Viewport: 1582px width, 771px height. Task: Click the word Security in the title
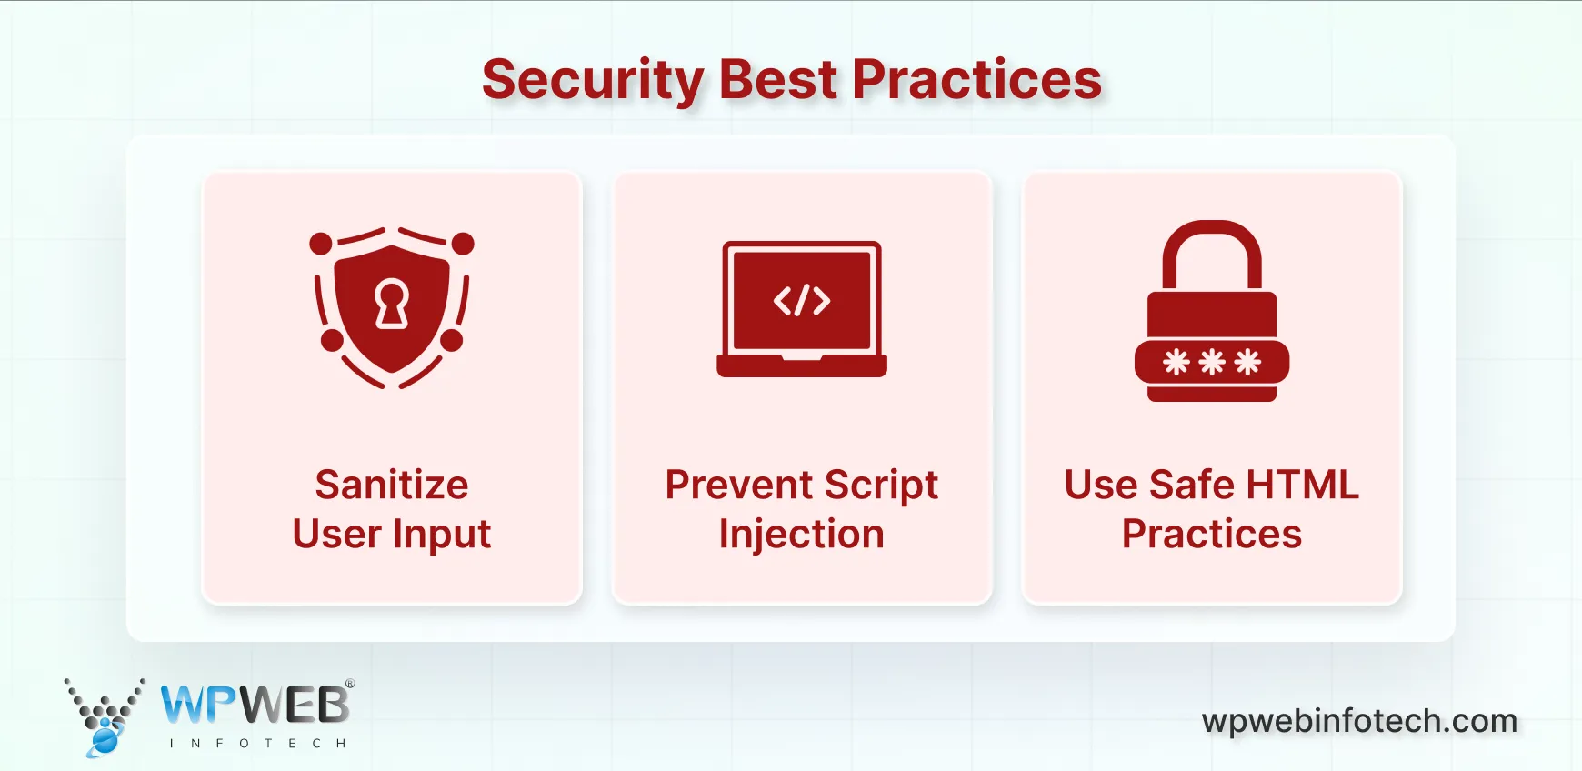point(593,80)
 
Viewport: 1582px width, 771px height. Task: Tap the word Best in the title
point(777,80)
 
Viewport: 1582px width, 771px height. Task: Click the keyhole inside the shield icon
point(392,304)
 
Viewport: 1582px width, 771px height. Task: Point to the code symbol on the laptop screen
point(802,301)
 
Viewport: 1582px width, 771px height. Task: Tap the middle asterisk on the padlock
point(1212,363)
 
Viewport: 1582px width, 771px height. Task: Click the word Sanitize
point(392,485)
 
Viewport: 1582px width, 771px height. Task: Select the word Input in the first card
point(442,535)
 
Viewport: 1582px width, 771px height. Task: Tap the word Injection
point(801,535)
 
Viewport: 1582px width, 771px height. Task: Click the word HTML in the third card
point(1302,485)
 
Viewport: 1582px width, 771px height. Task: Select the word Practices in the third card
point(1211,534)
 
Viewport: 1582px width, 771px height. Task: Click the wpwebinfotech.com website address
point(1359,721)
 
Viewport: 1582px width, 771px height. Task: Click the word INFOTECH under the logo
point(258,744)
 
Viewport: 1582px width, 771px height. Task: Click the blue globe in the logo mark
point(105,740)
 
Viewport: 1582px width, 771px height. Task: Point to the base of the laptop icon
point(802,367)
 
